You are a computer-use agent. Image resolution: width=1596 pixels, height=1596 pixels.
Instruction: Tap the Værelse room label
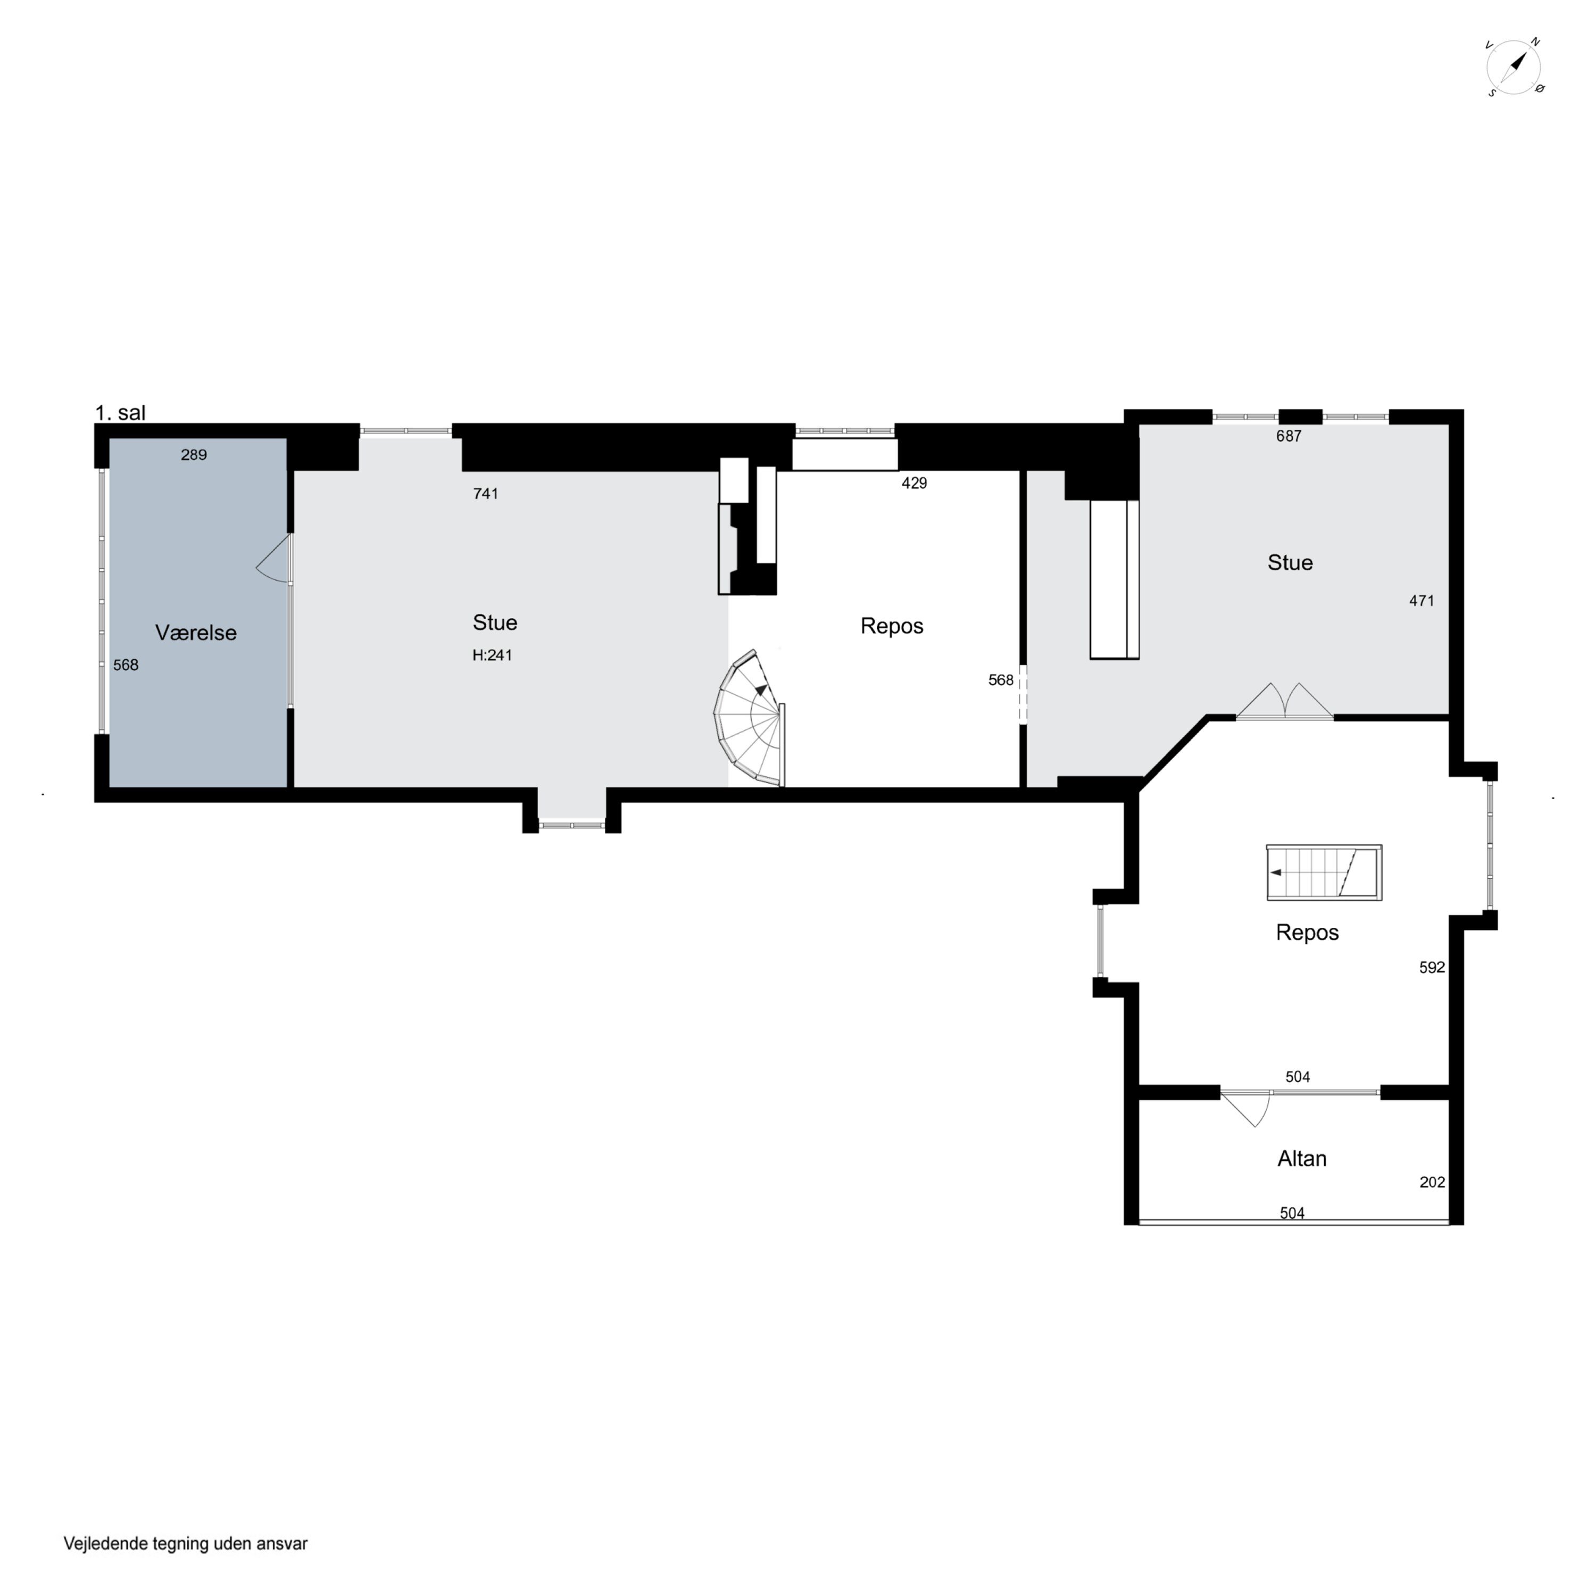pos(196,633)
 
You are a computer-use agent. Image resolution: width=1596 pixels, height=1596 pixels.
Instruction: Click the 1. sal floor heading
pos(121,412)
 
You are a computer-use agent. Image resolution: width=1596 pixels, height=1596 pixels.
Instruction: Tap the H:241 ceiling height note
pos(492,655)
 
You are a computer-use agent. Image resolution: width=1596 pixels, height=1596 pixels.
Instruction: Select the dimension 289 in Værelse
pos(194,455)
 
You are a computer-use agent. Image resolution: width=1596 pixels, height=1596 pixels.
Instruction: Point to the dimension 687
pos(1289,436)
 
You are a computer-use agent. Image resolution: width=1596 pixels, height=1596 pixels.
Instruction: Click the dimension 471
pos(1422,601)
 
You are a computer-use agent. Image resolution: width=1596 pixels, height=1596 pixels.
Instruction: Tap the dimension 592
pos(1433,967)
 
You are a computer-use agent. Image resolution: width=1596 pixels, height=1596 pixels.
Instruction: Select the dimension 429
pos(915,483)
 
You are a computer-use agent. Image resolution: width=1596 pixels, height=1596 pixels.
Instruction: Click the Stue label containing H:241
pos(495,623)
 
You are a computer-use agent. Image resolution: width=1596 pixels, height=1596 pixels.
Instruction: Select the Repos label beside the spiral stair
pos(892,626)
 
